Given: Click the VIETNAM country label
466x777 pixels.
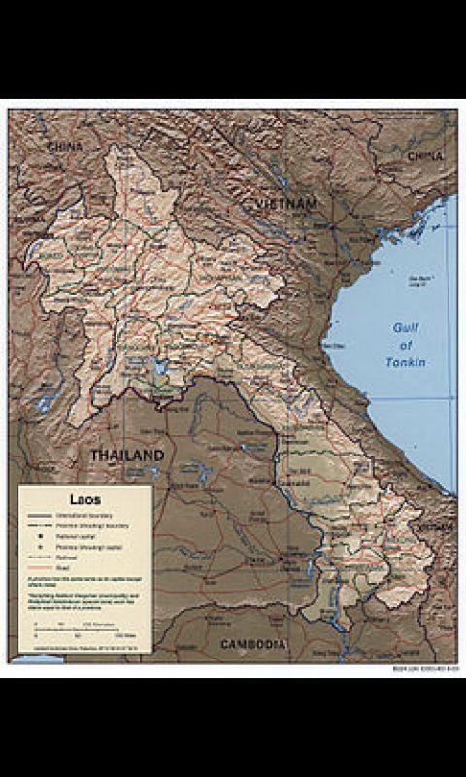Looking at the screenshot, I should click(287, 204).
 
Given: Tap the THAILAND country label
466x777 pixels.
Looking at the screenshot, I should click(127, 456).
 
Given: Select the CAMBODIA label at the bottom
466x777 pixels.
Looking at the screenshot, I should click(251, 645).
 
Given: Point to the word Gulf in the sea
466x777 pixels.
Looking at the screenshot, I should click(405, 327).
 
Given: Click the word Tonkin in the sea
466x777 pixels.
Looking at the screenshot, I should click(406, 362).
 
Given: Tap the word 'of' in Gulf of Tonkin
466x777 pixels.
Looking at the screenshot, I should click(406, 345).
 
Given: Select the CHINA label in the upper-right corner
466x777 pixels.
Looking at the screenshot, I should click(425, 155).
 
